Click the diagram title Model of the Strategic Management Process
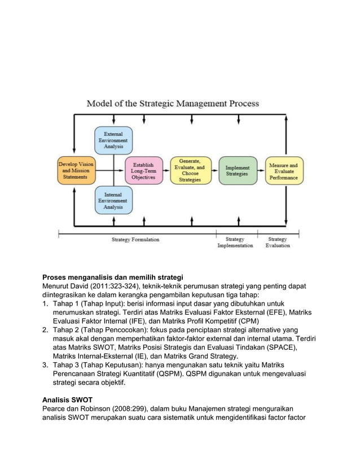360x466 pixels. click(172, 104)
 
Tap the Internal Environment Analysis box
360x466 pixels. click(114, 200)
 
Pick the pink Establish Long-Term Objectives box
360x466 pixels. click(143, 170)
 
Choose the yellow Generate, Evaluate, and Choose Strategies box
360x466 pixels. click(191, 170)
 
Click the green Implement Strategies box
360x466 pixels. click(237, 170)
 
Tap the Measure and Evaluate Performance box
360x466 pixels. click(284, 170)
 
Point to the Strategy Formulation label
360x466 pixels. click(135, 240)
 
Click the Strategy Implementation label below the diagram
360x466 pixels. click(235, 243)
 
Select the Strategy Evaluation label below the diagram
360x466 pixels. click(278, 243)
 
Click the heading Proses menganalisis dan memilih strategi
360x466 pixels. click(113, 277)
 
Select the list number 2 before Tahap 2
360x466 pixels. click(46, 330)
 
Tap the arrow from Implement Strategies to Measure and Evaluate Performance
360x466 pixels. click(260, 170)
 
